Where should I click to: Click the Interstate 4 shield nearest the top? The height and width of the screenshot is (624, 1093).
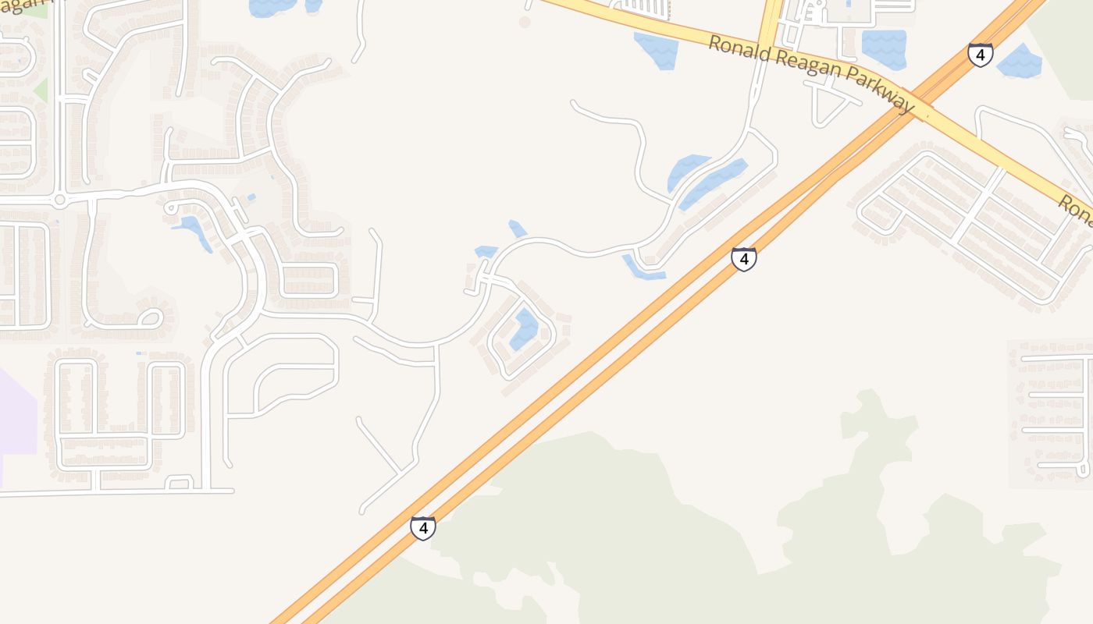[x=980, y=55]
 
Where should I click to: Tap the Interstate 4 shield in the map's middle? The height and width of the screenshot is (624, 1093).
[x=743, y=259]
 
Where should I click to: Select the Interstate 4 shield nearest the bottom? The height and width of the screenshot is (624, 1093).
[x=422, y=528]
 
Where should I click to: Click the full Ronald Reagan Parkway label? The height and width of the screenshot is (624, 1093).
[x=810, y=75]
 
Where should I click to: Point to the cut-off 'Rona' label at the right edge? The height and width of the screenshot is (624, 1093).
[x=1076, y=209]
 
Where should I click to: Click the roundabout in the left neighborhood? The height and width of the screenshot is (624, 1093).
[x=59, y=200]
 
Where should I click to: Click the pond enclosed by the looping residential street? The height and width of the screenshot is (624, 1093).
[x=525, y=329]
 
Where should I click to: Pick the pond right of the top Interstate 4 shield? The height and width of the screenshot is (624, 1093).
[x=1019, y=61]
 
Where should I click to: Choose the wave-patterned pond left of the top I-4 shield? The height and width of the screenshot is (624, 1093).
[x=884, y=48]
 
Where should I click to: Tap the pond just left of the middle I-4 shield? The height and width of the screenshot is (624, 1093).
[x=643, y=268]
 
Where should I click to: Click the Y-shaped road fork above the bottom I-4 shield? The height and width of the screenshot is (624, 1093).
[x=400, y=470]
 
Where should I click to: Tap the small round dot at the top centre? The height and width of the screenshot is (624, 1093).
[x=525, y=22]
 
